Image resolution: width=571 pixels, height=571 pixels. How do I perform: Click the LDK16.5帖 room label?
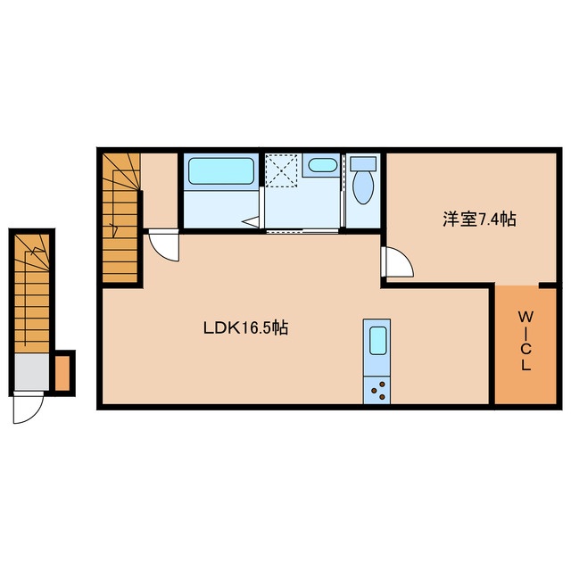pyautogui.click(x=245, y=327)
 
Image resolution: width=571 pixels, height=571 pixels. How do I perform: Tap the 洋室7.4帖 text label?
pyautogui.click(x=479, y=219)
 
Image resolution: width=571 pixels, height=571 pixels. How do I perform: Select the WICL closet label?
pyautogui.click(x=525, y=341)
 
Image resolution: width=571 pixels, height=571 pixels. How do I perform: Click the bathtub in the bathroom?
pyautogui.click(x=221, y=170)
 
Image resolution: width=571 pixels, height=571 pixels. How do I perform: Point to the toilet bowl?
pyautogui.click(x=363, y=187)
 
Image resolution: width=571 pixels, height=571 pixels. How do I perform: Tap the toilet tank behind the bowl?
pyautogui.click(x=363, y=163)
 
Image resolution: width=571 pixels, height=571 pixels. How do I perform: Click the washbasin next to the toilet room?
pyautogui.click(x=322, y=165)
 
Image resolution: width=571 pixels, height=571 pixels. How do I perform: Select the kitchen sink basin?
pyautogui.click(x=377, y=340)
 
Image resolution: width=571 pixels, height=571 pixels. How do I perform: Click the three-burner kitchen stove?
pyautogui.click(x=377, y=390)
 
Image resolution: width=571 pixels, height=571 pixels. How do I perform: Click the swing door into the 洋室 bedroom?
pyautogui.click(x=397, y=261)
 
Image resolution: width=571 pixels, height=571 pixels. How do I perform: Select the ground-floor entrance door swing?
pyautogui.click(x=28, y=408)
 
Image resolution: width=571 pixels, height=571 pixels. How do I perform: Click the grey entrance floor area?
pyautogui.click(x=32, y=371)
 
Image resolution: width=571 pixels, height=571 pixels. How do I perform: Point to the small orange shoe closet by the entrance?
pyautogui.click(x=62, y=373)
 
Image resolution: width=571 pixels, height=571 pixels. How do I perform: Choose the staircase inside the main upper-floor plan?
pyautogui.click(x=121, y=218)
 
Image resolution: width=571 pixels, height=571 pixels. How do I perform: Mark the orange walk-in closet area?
pyautogui.click(x=525, y=345)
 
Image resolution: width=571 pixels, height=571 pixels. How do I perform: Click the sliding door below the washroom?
pyautogui.click(x=303, y=231)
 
